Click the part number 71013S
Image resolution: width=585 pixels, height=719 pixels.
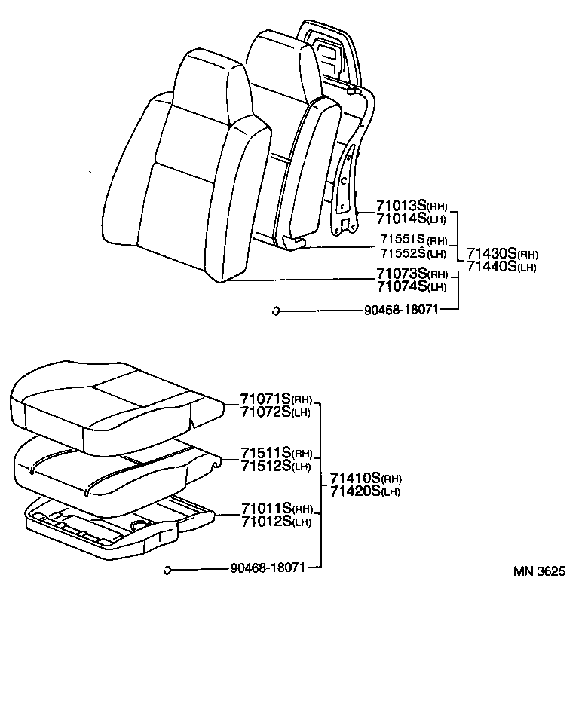coord(401,207)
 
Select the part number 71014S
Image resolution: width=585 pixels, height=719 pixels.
coord(401,219)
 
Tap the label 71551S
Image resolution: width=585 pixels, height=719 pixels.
coord(403,240)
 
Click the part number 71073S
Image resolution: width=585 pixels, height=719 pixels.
coord(401,274)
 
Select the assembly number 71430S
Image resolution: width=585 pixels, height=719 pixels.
coord(492,254)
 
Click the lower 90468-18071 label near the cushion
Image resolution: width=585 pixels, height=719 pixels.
coord(267,568)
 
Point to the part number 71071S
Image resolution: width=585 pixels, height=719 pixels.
coord(265,399)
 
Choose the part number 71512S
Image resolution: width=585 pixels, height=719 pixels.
coord(265,465)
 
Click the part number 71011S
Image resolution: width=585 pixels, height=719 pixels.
coord(265,509)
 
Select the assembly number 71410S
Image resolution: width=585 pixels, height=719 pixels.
coord(356,479)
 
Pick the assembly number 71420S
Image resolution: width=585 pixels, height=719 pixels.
coord(356,491)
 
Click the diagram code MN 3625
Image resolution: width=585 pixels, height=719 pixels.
coord(539,571)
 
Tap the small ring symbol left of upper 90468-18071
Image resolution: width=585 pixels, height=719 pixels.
coord(276,310)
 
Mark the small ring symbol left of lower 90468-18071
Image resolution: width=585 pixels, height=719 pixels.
coord(167,569)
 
